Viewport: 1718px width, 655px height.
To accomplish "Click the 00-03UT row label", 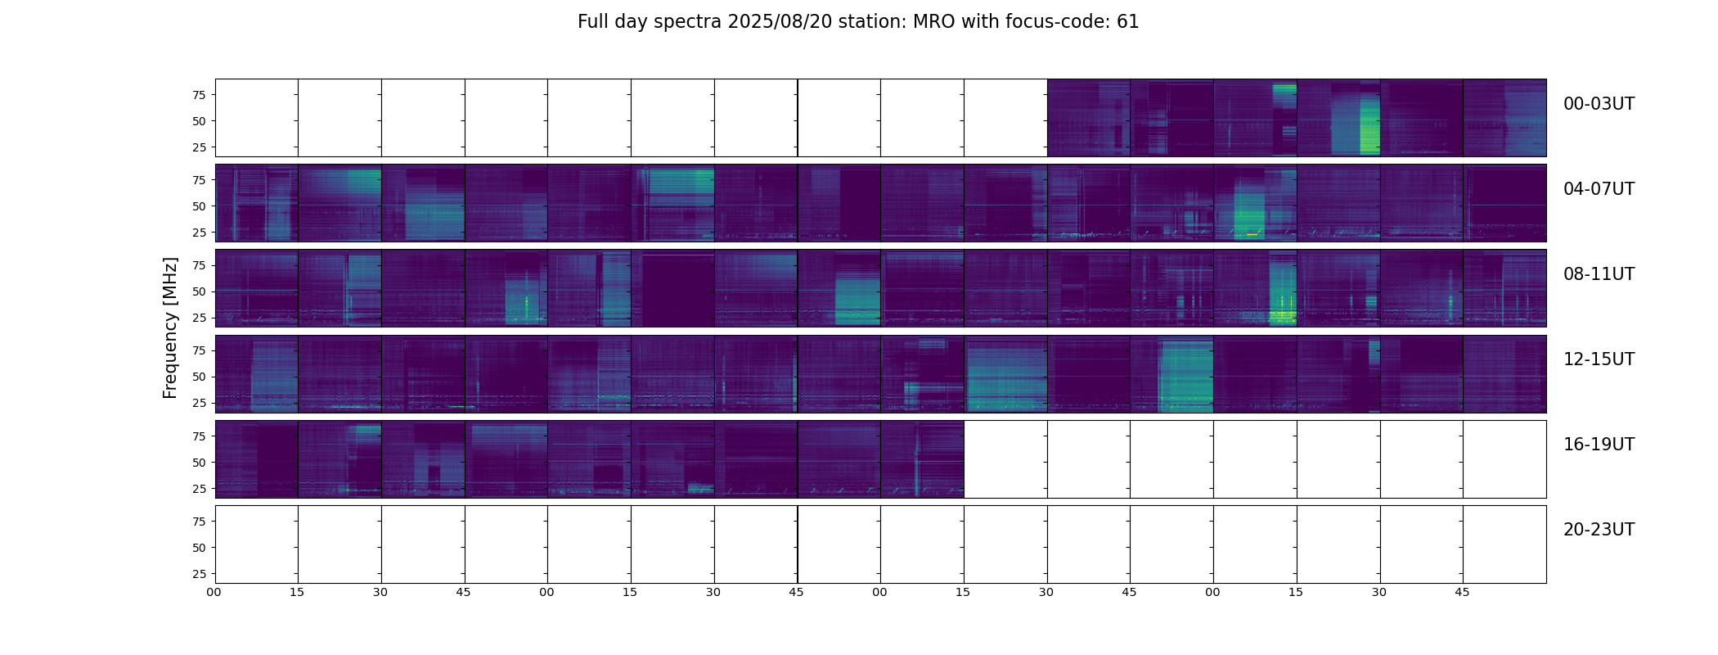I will pos(1599,104).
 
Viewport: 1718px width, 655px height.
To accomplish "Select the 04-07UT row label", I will pos(1599,189).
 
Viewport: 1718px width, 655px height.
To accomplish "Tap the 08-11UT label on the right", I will pos(1599,274).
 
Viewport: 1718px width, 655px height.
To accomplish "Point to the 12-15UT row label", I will pos(1599,359).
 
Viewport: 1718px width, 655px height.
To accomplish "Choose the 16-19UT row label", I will pos(1599,445).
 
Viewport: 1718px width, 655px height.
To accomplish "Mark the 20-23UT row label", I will pos(1599,530).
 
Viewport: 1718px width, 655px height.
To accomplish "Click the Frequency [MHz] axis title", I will pos(170,327).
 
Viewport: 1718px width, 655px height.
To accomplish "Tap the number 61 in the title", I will pos(1127,22).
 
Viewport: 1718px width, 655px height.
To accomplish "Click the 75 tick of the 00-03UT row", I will pos(198,95).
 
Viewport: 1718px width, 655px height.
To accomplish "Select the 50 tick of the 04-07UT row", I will pos(198,206).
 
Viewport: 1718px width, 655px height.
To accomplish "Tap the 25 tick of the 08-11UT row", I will pos(198,318).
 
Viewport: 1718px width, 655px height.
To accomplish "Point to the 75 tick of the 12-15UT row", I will pos(198,350).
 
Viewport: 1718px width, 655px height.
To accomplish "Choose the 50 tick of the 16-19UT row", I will pos(198,463).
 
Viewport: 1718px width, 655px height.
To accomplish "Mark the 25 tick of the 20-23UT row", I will pos(198,574).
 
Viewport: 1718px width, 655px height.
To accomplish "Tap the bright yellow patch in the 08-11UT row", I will pos(1281,316).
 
